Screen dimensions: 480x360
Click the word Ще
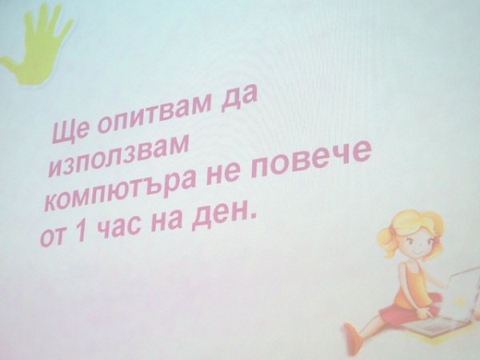(x=69, y=130)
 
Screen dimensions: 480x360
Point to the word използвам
(x=118, y=156)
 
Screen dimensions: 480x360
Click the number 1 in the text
(x=81, y=231)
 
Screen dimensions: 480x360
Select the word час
(x=122, y=226)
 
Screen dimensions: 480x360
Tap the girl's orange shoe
(x=352, y=338)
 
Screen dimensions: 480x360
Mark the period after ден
(x=252, y=218)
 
